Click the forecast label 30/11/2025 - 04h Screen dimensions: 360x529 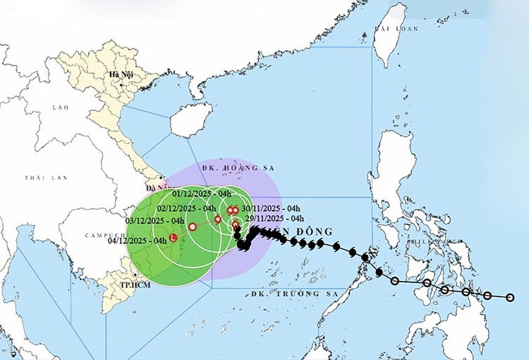coord(271,208)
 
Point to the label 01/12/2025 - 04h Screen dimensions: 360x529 coord(202,193)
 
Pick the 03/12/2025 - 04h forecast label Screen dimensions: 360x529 coord(154,221)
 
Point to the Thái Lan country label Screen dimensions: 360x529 coord(39,178)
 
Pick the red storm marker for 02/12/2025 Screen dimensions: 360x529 coord(218,219)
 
